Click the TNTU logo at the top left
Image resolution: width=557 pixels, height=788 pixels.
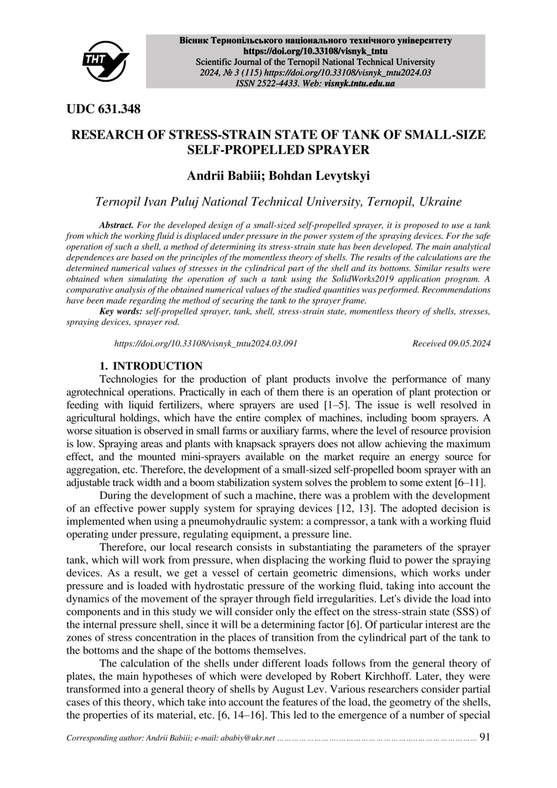tap(105, 62)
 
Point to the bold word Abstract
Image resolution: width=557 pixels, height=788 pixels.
tap(116, 226)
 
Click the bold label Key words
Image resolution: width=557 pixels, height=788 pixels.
tap(121, 312)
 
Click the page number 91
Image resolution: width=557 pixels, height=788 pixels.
tap(485, 738)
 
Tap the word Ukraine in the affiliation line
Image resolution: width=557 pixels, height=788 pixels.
tap(440, 203)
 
